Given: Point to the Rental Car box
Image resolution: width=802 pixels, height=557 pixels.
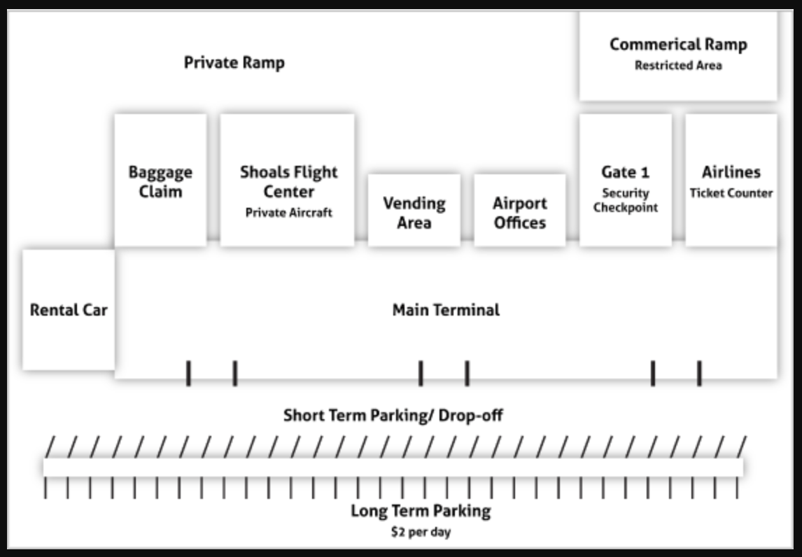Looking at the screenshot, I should coord(69,309).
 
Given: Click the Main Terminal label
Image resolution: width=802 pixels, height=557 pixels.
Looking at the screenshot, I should coord(446,310).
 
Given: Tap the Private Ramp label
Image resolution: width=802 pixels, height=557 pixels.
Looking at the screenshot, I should coord(234,63).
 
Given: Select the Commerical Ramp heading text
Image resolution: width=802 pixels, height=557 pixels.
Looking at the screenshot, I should coord(678,45).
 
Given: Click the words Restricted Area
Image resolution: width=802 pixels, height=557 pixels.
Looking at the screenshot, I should coord(678,66).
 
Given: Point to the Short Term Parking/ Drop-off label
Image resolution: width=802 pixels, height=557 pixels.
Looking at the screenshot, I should coord(393,416).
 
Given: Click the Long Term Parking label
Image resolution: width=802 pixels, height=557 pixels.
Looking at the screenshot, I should coord(421,511).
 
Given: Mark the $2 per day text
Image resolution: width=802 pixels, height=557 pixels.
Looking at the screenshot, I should coord(421,533).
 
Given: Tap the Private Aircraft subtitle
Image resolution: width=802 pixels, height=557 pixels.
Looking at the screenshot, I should coord(288,213).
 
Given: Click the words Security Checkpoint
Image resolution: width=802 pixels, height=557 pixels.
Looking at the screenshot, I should coord(626,200).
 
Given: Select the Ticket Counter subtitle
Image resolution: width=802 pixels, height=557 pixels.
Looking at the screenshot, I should coord(731,193).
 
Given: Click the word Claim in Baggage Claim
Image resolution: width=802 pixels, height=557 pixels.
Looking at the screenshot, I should coord(160,192).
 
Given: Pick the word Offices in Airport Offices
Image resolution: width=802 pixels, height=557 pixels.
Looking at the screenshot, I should coord(520,223).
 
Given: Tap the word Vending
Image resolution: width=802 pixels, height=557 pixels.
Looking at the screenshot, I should coord(414,204).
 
